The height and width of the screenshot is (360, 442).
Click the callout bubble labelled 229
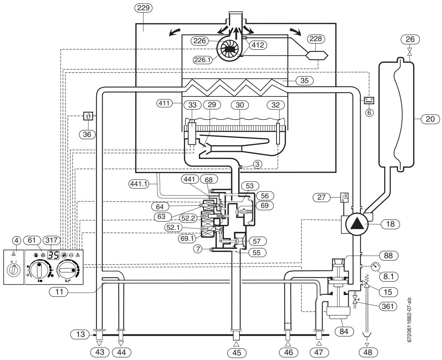pyautogui.click(x=143, y=8)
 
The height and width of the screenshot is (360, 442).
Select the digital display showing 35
pyautogui.click(x=53, y=255)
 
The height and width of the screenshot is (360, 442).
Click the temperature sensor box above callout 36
pyautogui.click(x=88, y=116)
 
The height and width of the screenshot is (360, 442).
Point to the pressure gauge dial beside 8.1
pyautogui.click(x=375, y=267)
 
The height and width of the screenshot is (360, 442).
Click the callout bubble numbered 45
pyautogui.click(x=236, y=353)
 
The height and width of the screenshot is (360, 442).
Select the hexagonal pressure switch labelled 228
pyautogui.click(x=317, y=55)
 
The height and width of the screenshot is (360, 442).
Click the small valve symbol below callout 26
pyautogui.click(x=410, y=52)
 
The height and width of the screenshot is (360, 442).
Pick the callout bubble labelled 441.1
pyautogui.click(x=138, y=184)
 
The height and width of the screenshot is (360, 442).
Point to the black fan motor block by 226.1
pyautogui.click(x=230, y=50)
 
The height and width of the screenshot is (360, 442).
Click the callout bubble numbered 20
pyautogui.click(x=430, y=119)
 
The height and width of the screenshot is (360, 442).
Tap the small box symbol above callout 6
pyautogui.click(x=369, y=100)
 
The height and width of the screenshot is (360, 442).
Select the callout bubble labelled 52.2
pyautogui.click(x=188, y=218)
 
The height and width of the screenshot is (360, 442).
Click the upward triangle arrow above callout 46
pyautogui.click(x=288, y=344)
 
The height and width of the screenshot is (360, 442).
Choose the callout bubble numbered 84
pyautogui.click(x=344, y=331)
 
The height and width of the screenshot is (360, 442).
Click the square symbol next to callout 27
pyautogui.click(x=344, y=197)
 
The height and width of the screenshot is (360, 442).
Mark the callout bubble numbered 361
pyautogui.click(x=388, y=306)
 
